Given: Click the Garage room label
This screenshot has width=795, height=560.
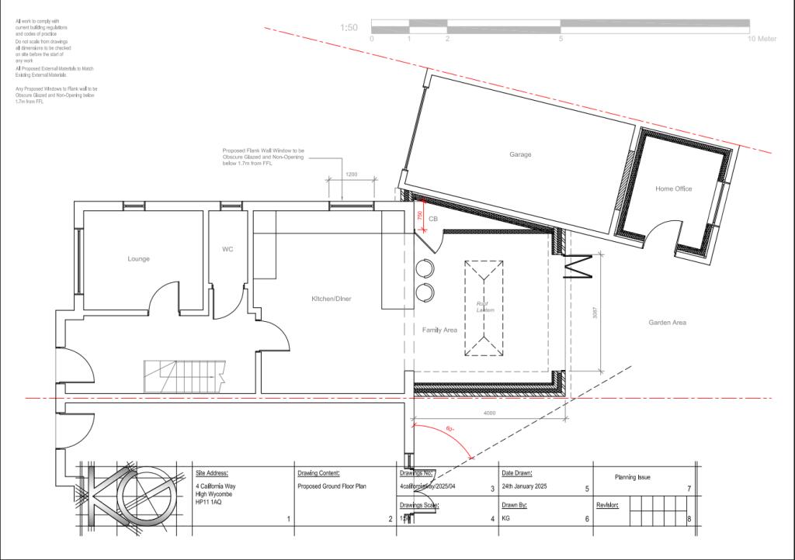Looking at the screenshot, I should (520, 154).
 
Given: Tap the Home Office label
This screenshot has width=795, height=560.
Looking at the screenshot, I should (673, 188).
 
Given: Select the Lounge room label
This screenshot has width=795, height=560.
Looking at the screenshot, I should (139, 258).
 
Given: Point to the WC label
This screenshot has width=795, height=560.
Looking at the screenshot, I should (227, 249).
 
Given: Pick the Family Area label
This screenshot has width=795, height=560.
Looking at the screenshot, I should (439, 330).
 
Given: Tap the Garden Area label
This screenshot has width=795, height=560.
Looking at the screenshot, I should (668, 322).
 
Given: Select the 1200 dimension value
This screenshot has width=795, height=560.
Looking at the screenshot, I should (351, 175).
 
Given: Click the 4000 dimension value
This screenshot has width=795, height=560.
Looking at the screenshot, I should (489, 413).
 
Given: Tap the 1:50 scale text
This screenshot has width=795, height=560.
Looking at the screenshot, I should (349, 28).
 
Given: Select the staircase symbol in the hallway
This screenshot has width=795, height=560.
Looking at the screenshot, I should (185, 378).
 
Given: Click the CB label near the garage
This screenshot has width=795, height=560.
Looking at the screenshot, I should (433, 220).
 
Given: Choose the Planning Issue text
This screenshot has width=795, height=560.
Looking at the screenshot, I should (633, 477).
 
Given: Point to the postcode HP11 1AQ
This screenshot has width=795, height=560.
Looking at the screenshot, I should (209, 503).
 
